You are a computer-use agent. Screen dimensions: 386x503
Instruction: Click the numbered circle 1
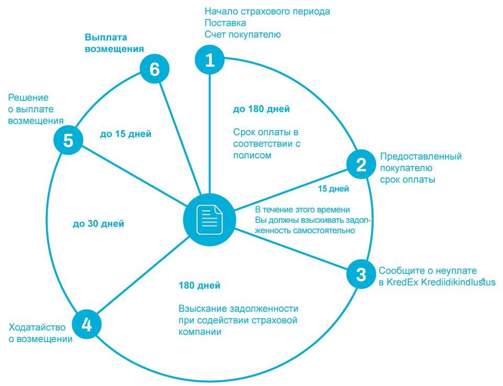click(210, 60)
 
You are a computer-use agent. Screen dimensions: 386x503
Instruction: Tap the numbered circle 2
click(361, 165)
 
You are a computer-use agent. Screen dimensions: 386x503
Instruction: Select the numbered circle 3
click(361, 275)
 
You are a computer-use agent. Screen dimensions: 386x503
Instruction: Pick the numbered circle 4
click(86, 324)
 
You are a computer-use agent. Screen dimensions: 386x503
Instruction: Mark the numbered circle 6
click(155, 70)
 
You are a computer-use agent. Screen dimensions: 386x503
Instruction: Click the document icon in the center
click(209, 219)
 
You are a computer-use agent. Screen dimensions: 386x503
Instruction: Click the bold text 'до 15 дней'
click(126, 134)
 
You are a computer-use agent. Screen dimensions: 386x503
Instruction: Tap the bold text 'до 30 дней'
click(99, 224)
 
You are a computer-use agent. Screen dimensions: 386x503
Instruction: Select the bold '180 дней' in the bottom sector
click(199, 286)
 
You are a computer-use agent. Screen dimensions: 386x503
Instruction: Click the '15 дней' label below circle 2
click(334, 188)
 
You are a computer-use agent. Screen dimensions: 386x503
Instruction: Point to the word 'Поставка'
click(225, 23)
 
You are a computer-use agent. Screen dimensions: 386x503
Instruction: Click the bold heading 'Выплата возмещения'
click(114, 43)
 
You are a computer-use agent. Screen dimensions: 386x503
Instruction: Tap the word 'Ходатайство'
click(37, 327)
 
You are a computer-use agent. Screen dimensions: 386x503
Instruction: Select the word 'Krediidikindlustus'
click(458, 282)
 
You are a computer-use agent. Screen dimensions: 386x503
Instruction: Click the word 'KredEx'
click(403, 282)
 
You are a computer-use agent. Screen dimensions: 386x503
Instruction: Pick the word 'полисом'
click(253, 155)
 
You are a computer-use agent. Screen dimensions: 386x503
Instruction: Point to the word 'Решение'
click(28, 98)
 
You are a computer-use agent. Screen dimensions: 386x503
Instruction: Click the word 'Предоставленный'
click(421, 156)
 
